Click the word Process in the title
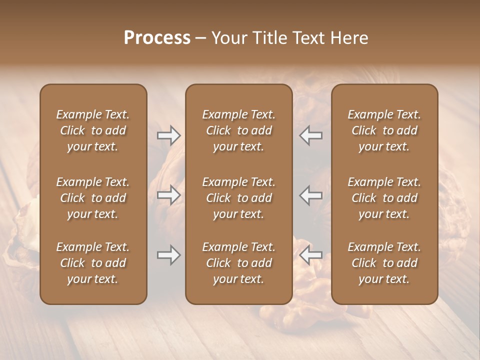click(157, 38)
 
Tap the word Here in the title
click(349, 38)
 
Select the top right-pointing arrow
click(168, 135)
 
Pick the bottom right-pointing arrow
click(168, 255)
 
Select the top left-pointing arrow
click(311, 135)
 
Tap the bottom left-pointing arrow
click(311, 255)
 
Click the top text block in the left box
click(93, 130)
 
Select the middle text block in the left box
click(93, 198)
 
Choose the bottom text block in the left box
click(93, 263)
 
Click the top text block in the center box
click(238, 130)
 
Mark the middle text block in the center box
click(238, 198)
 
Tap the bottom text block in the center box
click(238, 263)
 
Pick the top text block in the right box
click(384, 130)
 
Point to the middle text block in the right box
click(384, 198)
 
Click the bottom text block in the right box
click(384, 263)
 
